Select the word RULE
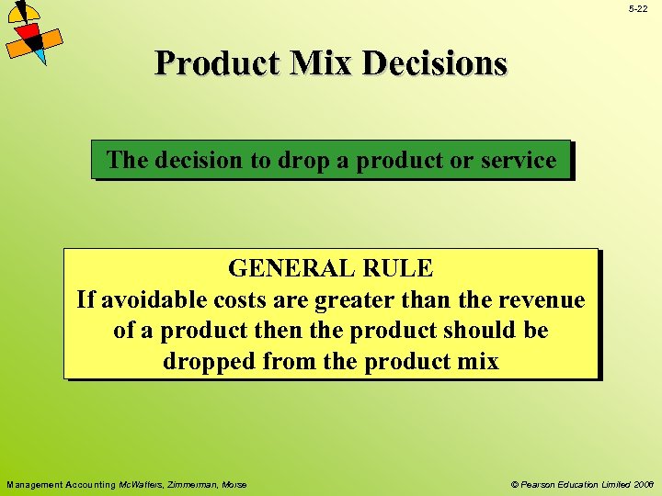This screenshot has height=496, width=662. click(398, 268)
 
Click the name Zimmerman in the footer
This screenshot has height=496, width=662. click(191, 484)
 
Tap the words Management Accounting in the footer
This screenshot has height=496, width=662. click(61, 484)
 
